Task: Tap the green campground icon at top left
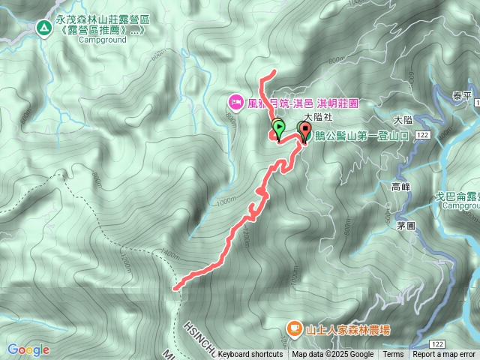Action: (x=43, y=28)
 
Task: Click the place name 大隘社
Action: (x=318, y=118)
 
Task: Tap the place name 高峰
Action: (x=401, y=187)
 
